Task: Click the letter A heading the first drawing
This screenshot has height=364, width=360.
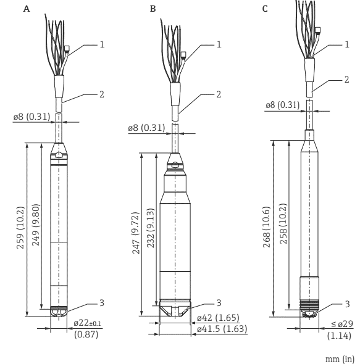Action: (27, 9)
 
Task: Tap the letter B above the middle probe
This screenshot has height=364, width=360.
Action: (153, 9)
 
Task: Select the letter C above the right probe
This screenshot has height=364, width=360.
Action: (265, 9)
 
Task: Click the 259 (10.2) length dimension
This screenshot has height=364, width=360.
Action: (20, 228)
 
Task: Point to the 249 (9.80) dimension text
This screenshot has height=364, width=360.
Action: (36, 225)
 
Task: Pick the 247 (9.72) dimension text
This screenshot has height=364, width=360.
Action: (136, 233)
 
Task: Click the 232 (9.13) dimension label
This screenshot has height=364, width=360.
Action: (151, 228)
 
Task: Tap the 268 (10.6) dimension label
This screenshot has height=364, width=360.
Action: (267, 227)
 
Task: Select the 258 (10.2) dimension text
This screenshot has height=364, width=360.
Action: (283, 223)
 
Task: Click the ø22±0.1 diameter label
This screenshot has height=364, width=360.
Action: (88, 323)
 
